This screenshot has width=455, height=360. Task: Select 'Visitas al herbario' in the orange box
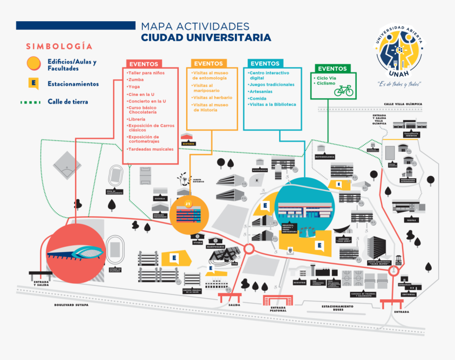(212, 98)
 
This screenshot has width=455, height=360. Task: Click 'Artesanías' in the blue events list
(261, 91)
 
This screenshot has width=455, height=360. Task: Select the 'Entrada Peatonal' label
(278, 309)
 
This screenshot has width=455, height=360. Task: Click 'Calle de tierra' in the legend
(68, 101)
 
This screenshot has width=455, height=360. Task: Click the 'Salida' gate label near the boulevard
(234, 305)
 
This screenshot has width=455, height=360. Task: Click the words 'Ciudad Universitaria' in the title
(206, 38)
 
